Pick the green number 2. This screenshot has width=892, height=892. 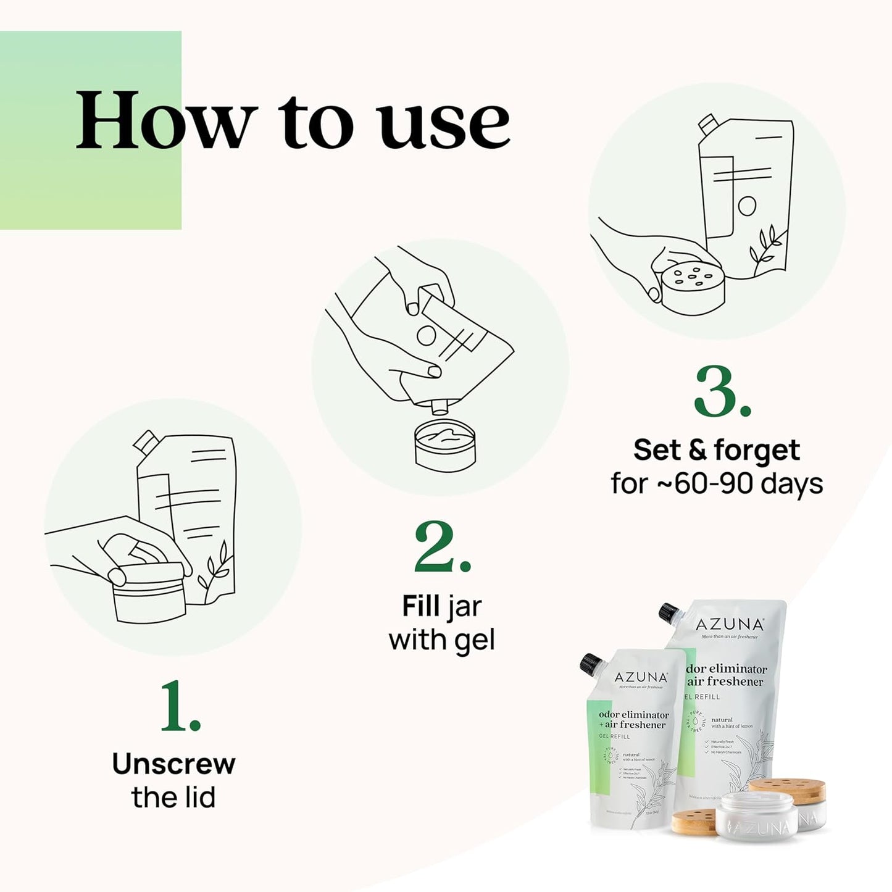click(441, 548)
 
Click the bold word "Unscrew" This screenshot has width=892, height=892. click(173, 764)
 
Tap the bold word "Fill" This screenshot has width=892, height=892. click(421, 606)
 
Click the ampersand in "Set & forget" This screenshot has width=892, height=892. click(697, 450)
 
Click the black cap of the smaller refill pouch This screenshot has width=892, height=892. click(591, 665)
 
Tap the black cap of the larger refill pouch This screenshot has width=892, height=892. click(669, 612)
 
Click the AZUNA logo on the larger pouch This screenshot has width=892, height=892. click(730, 625)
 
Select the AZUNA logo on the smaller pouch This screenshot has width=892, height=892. click(641, 677)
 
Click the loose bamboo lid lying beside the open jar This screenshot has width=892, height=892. click(694, 822)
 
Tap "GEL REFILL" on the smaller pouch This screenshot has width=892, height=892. click(614, 736)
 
